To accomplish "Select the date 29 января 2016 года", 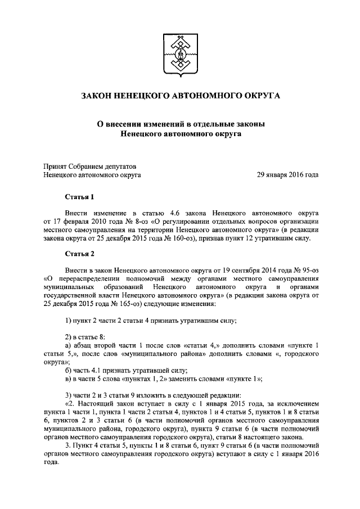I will (287, 175).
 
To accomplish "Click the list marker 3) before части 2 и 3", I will (69, 394).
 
